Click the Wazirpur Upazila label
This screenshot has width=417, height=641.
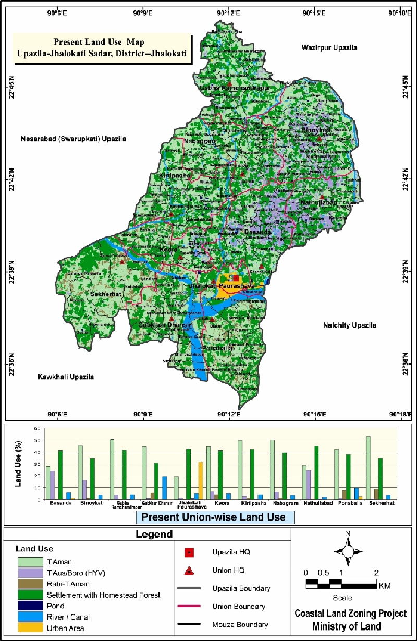coord(329,47)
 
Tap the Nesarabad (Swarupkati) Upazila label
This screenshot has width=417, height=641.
coord(73,139)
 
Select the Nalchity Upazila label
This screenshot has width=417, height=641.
coord(349,325)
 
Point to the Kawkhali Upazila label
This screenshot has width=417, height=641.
coord(66,376)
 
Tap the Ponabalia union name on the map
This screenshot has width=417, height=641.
coord(217,347)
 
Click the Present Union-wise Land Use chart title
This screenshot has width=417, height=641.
coord(214,517)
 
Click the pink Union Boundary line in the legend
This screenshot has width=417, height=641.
coord(190,607)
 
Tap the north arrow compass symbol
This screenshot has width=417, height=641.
coord(348,551)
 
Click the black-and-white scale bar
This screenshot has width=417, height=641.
coord(341,584)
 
